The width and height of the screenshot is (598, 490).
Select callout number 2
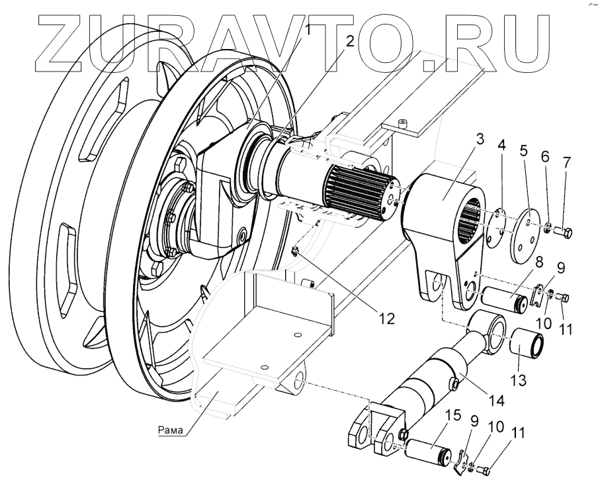tap(350, 38)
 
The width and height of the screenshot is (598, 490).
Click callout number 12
tap(386, 318)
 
